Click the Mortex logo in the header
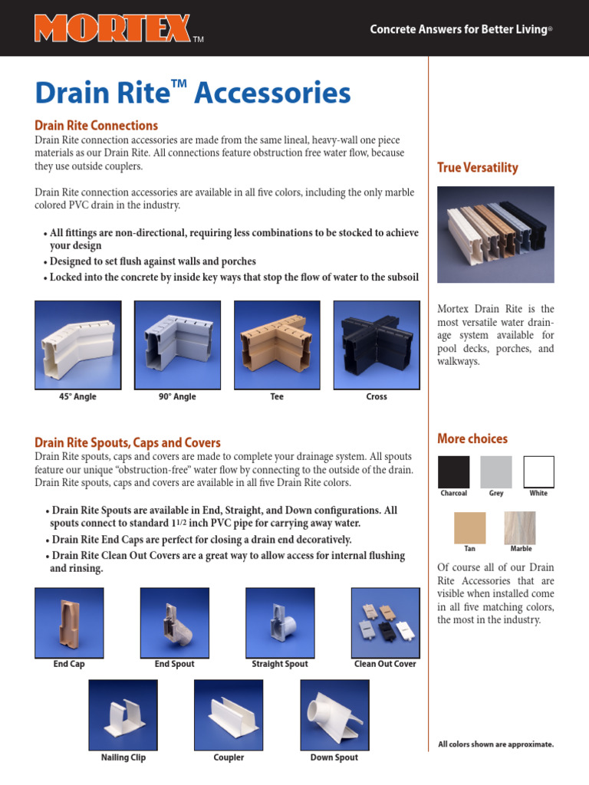click(112, 28)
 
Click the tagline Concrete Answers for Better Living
click(461, 29)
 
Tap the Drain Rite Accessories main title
click(192, 94)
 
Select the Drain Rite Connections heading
click(97, 125)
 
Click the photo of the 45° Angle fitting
click(78, 344)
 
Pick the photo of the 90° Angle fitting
click(177, 344)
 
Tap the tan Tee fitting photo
click(277, 344)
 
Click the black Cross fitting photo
click(377, 344)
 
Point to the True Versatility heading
click(477, 167)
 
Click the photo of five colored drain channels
click(495, 235)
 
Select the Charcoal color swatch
click(453, 471)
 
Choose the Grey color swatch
click(496, 471)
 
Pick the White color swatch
click(538, 471)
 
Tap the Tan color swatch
click(469, 528)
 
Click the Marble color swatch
click(520, 528)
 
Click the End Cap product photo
click(69, 622)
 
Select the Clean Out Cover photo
click(385, 622)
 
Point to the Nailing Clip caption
click(123, 757)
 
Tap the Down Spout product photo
click(334, 714)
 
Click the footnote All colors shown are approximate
click(495, 744)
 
